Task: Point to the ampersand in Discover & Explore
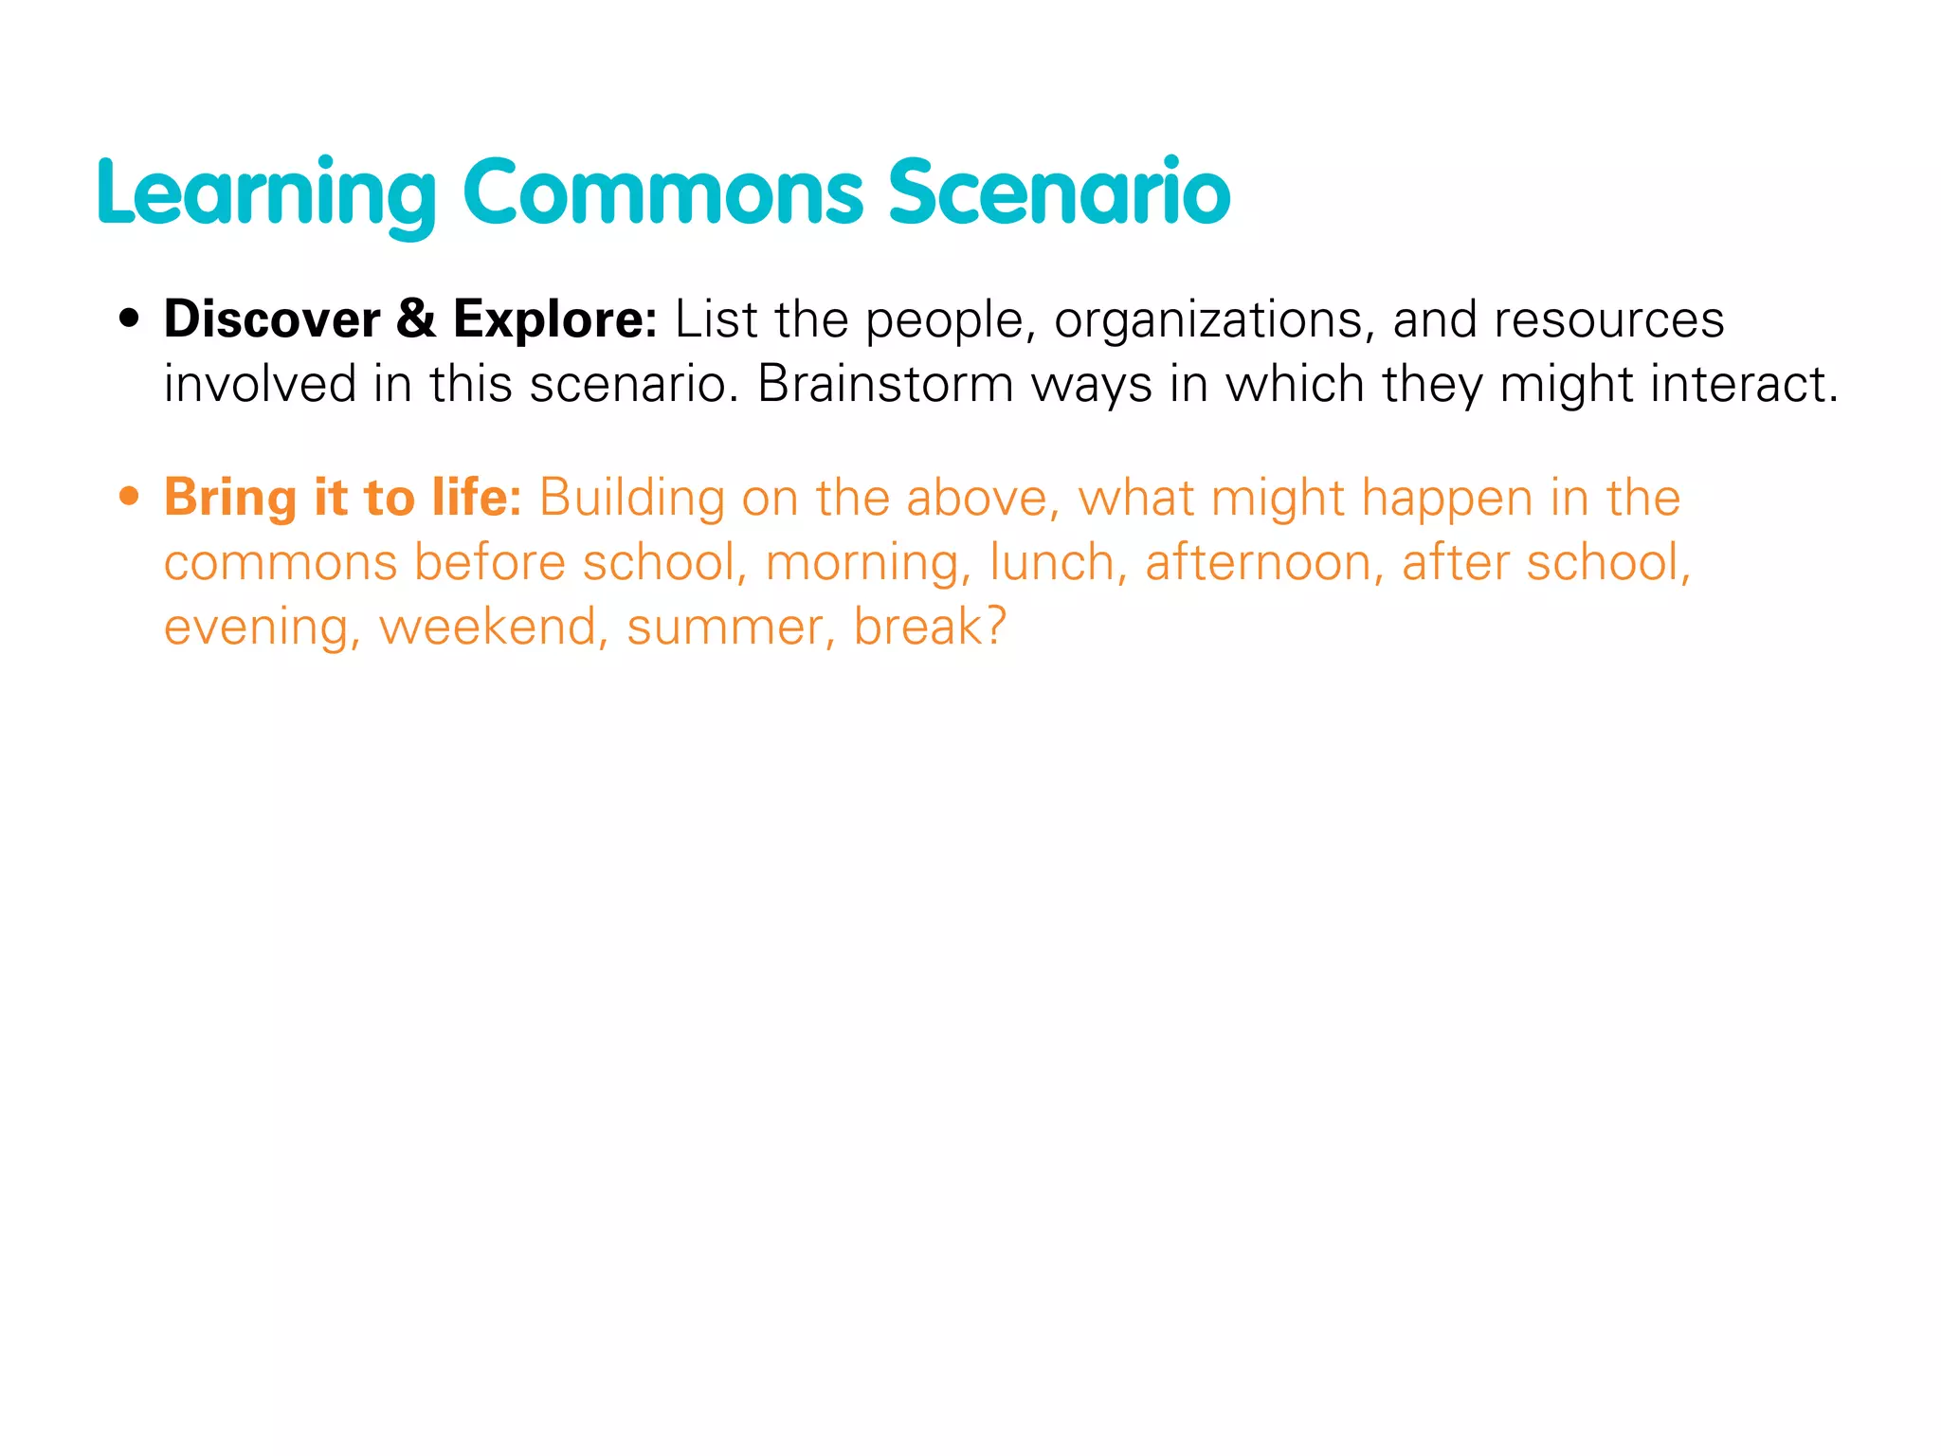pos(416,318)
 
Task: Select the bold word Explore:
pos(554,320)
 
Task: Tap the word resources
pos(1608,320)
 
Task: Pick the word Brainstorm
pos(885,385)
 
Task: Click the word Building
pos(631,498)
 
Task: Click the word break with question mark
pos(929,627)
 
